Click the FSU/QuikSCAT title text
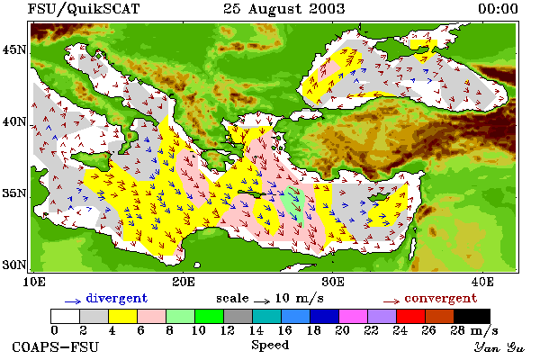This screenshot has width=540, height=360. click(x=84, y=9)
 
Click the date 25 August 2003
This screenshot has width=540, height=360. click(x=283, y=9)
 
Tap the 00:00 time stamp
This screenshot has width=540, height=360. click(x=498, y=9)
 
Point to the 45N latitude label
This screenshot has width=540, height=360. click(x=14, y=50)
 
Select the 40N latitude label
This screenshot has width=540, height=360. click(x=14, y=121)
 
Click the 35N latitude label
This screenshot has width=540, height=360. click(x=14, y=193)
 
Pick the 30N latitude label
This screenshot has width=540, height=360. click(x=14, y=265)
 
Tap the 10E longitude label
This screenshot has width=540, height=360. click(x=34, y=282)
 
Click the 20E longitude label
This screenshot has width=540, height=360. click(x=184, y=282)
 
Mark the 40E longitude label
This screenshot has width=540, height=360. click(x=482, y=282)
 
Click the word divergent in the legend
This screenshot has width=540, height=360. click(x=117, y=298)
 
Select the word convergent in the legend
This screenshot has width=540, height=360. click(x=441, y=298)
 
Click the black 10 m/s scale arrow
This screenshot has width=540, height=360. click(x=262, y=301)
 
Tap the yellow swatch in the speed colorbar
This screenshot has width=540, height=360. click(x=123, y=316)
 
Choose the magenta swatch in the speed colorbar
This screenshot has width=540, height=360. click(x=354, y=316)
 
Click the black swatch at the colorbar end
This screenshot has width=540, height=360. click(x=472, y=316)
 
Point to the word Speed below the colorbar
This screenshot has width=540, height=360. click(x=270, y=346)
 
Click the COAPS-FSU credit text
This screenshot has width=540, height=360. click(x=55, y=346)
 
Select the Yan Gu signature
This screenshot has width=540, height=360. click(x=499, y=347)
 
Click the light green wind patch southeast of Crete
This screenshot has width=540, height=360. click(x=292, y=206)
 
